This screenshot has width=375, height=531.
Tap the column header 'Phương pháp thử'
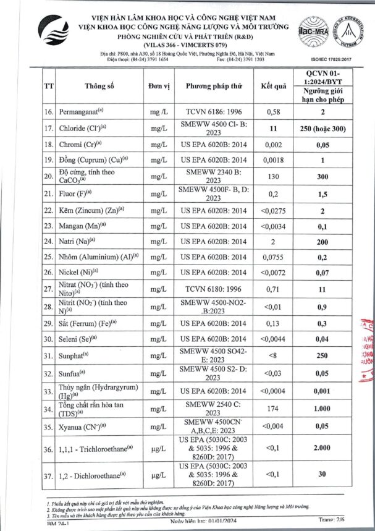tap(214, 85)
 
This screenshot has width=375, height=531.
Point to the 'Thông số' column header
tap(100, 85)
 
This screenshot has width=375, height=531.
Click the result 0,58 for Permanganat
tap(274, 112)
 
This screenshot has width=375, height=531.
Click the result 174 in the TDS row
tap(274, 410)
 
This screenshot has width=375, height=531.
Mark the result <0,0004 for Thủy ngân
tap(274, 391)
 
